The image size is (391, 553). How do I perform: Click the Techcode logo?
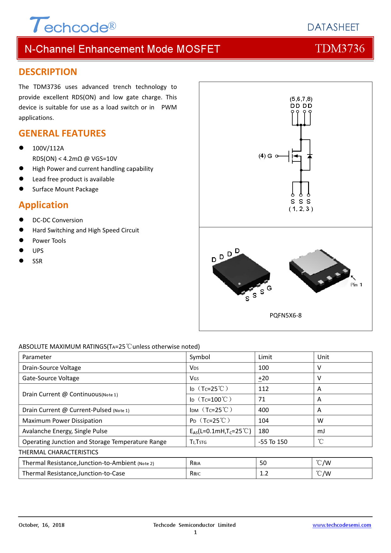(73, 25)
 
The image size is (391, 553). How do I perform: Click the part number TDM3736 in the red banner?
(340, 49)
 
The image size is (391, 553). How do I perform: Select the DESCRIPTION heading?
(48, 72)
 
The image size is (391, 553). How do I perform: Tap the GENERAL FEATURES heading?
(62, 133)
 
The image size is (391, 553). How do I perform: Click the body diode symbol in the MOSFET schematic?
(310, 156)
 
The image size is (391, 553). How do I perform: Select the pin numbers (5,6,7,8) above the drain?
(301, 99)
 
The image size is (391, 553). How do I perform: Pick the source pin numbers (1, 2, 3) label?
(301, 209)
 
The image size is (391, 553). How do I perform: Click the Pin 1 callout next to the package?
(356, 285)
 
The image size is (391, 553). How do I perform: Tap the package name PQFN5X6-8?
(285, 315)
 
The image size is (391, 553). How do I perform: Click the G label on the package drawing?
(269, 288)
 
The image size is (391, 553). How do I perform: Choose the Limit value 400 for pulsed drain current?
(264, 410)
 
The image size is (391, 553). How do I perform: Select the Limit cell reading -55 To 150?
(273, 442)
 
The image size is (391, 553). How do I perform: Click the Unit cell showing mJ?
(321, 431)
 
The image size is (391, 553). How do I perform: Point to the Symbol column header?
(200, 357)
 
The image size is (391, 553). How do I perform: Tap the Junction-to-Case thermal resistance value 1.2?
(264, 473)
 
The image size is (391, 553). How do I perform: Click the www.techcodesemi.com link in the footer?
(342, 525)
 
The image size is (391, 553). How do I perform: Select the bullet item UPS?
(38, 251)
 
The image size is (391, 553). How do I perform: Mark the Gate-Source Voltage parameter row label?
(51, 378)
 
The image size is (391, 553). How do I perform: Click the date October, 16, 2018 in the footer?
(42, 525)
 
